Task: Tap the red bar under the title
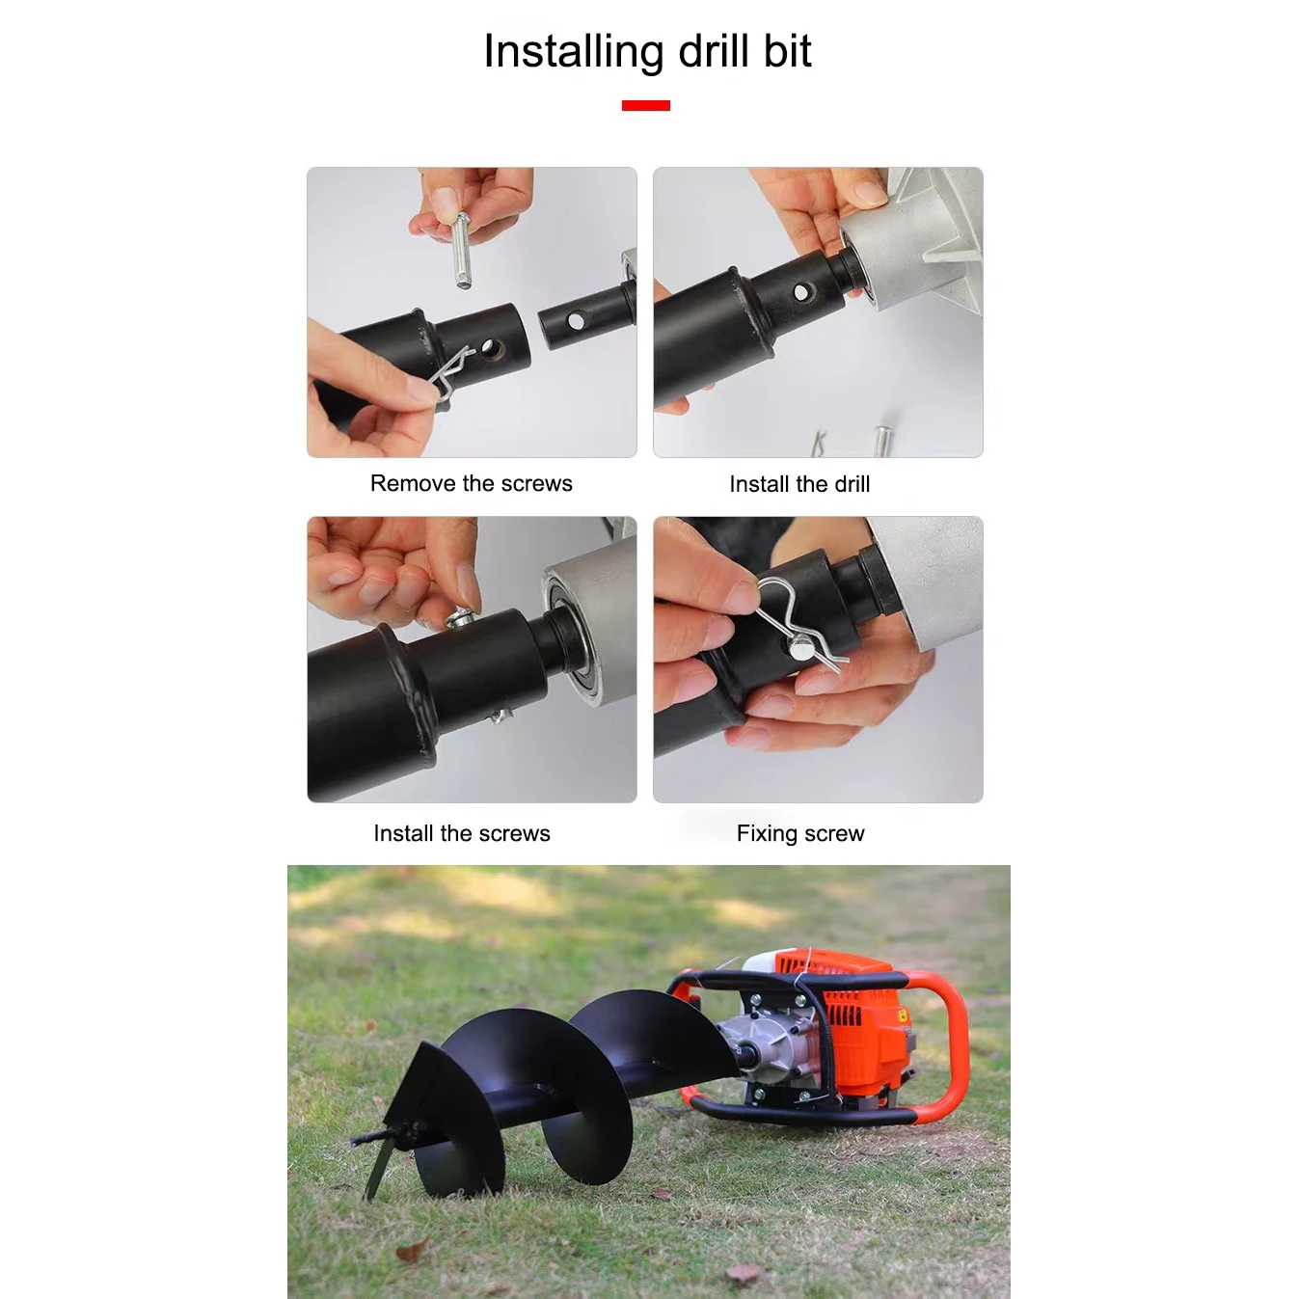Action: [645, 105]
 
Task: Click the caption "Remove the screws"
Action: [471, 483]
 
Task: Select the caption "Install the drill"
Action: [799, 484]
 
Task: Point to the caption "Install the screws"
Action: [461, 833]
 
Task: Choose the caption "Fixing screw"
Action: [800, 833]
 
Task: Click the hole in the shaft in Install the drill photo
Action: [801, 292]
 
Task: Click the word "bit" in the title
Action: [787, 52]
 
